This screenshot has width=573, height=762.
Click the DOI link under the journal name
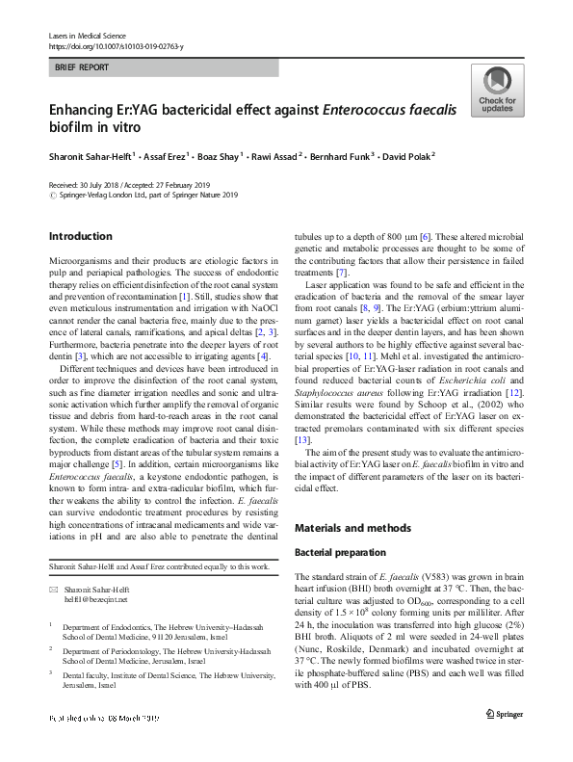click(116, 46)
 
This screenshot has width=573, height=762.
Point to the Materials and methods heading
click(353, 528)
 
